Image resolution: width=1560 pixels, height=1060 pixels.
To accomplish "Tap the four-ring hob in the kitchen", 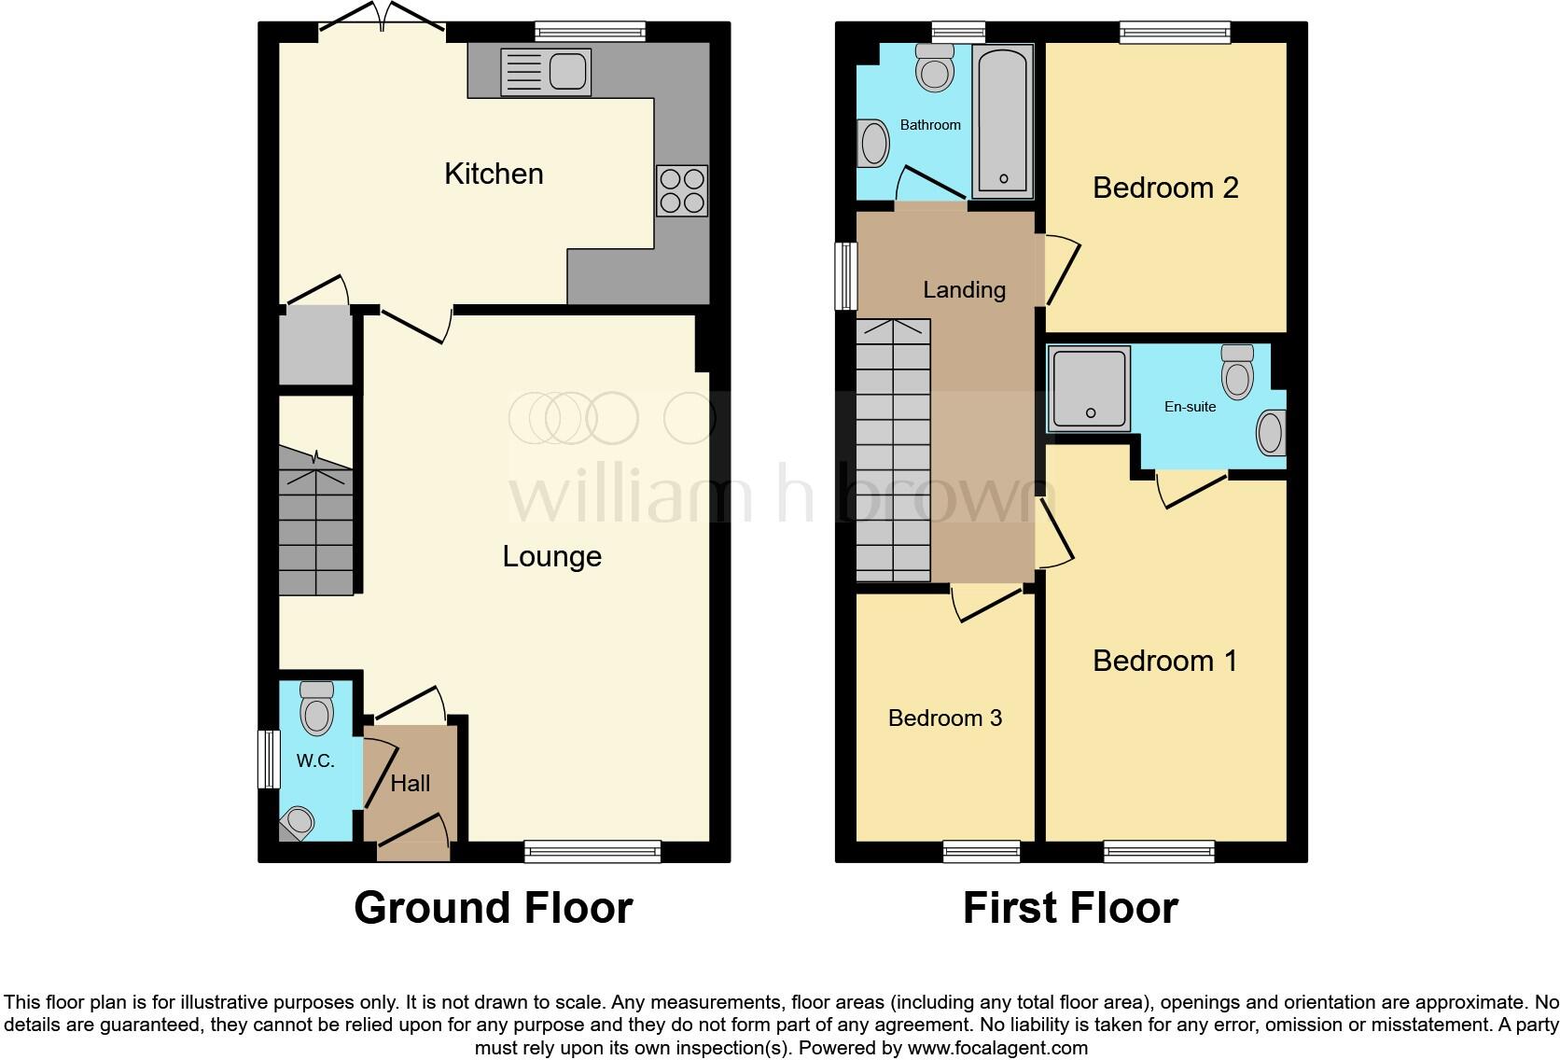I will click(x=682, y=190).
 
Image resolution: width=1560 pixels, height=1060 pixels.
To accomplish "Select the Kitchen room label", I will click(x=494, y=174).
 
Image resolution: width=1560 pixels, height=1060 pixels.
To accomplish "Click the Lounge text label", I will click(x=551, y=556).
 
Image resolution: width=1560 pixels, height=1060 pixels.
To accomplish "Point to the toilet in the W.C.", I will click(x=317, y=708).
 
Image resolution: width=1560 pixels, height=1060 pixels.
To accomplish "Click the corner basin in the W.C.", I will click(x=298, y=822).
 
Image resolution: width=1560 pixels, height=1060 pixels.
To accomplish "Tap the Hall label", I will click(x=410, y=783).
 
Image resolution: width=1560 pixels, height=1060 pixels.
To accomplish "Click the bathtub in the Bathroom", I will click(x=1002, y=121).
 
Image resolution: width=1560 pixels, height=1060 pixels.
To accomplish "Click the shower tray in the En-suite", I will click(x=1088, y=389).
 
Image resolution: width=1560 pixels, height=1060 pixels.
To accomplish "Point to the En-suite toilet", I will click(x=1237, y=373).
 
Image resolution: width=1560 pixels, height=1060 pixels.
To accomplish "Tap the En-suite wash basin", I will click(x=1270, y=433).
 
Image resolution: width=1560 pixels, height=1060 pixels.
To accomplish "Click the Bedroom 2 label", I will click(x=1164, y=188).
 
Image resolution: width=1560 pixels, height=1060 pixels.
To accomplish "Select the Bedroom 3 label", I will click(x=944, y=718).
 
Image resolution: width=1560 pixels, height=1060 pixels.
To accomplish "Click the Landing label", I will click(x=964, y=290).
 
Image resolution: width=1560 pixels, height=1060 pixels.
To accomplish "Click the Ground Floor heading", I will click(x=493, y=907).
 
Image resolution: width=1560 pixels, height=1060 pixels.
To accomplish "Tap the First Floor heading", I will click(x=1070, y=907).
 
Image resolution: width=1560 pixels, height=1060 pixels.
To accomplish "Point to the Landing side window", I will click(x=846, y=276).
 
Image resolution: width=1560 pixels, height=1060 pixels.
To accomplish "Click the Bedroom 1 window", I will click(x=1159, y=850).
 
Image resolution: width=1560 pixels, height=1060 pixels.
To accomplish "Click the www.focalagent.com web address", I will click(x=997, y=1048).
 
